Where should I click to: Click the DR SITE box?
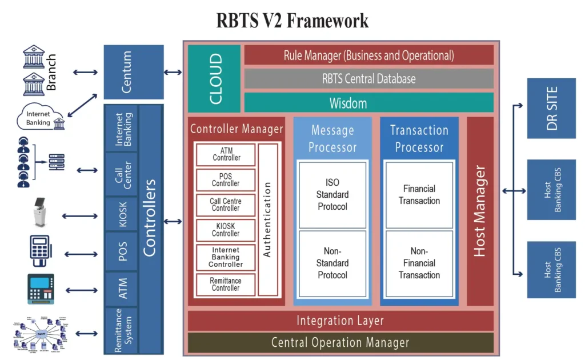tap(551, 108)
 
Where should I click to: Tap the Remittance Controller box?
tap(226, 285)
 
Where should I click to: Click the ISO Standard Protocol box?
tap(332, 194)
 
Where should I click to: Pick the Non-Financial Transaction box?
tap(419, 263)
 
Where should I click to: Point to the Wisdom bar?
tap(368, 103)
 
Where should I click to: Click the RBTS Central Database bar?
tap(368, 79)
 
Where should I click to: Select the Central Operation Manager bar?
tap(340, 343)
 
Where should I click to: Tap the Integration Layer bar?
tap(340, 321)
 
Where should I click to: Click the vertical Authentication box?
tap(268, 219)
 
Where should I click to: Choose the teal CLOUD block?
tap(214, 79)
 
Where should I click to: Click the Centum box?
tap(133, 72)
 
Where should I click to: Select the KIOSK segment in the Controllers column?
tap(123, 214)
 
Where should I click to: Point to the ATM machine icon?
tap(41, 289)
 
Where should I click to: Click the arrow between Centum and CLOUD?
tap(173, 72)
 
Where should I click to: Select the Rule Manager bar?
tap(368, 55)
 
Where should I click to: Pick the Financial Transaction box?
tap(419, 194)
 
